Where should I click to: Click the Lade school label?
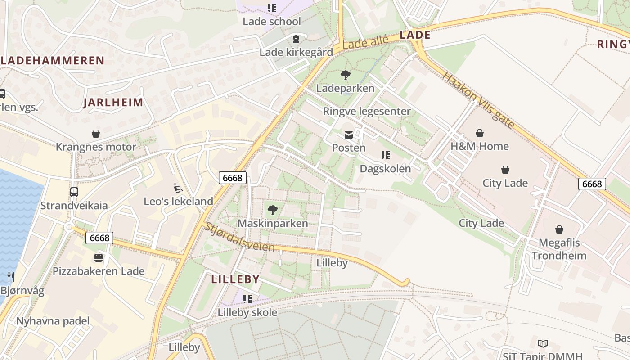272,21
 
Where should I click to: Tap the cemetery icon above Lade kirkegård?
296,40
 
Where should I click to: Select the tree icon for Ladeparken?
345,75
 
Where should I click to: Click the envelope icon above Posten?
349,135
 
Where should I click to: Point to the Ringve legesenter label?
367,111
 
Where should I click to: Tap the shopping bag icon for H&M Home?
480,133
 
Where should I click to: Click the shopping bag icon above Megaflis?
559,229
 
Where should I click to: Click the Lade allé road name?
365,43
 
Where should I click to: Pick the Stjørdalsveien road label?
239,238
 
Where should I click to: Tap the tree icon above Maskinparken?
272,210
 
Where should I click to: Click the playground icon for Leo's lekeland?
178,188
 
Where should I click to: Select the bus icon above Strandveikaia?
74,192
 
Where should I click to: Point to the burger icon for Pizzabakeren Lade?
99,258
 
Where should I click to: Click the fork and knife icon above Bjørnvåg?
11,277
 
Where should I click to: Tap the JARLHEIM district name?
113,103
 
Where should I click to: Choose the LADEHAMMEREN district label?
53,60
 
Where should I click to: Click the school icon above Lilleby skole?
247,299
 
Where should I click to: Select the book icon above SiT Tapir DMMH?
543,343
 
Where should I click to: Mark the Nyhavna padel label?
53,321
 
